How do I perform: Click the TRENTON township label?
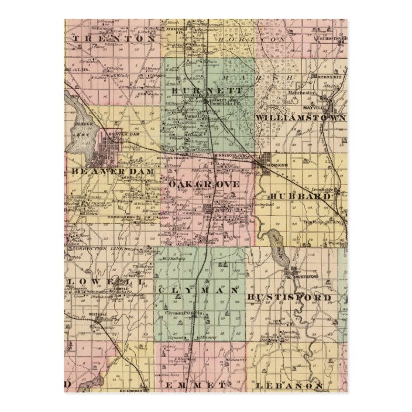114,37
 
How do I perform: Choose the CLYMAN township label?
198,289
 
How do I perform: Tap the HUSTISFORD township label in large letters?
290,298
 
